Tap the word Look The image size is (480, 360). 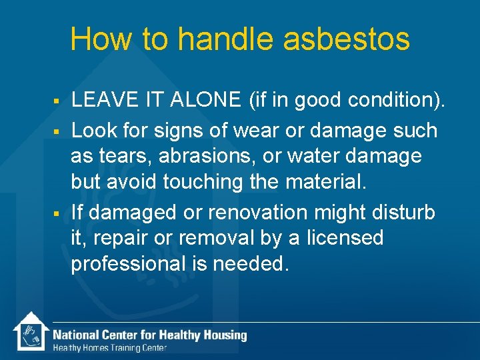coord(91,130)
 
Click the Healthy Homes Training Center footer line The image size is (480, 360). coord(110,347)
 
